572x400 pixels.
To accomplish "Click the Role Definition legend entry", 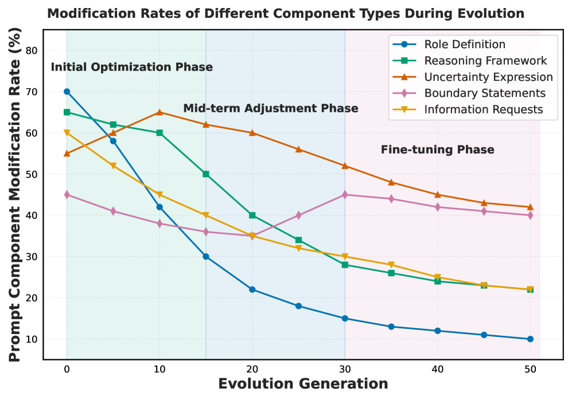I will point(465,44).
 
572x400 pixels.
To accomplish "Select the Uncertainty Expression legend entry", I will point(488,77).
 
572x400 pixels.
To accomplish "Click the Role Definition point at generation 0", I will point(67,92).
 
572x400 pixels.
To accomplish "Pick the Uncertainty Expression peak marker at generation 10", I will point(159,112).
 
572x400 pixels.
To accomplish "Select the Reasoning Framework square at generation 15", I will point(206,174).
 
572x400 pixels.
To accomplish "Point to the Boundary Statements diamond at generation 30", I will point(345,195).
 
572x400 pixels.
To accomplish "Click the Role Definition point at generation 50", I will point(530,339).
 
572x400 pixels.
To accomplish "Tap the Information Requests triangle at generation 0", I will point(67,133).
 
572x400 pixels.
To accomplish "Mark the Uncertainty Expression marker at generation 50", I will point(530,207).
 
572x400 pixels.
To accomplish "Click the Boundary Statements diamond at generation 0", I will point(67,195).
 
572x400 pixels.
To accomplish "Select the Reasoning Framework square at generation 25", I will point(298,240).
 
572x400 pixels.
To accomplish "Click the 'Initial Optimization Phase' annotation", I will point(132,67).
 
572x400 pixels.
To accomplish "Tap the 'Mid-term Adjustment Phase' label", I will point(271,108).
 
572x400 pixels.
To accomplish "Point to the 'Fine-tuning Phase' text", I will point(437,150).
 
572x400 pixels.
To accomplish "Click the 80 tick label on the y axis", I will point(32,50).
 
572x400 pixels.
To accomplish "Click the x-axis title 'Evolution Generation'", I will point(303,384).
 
